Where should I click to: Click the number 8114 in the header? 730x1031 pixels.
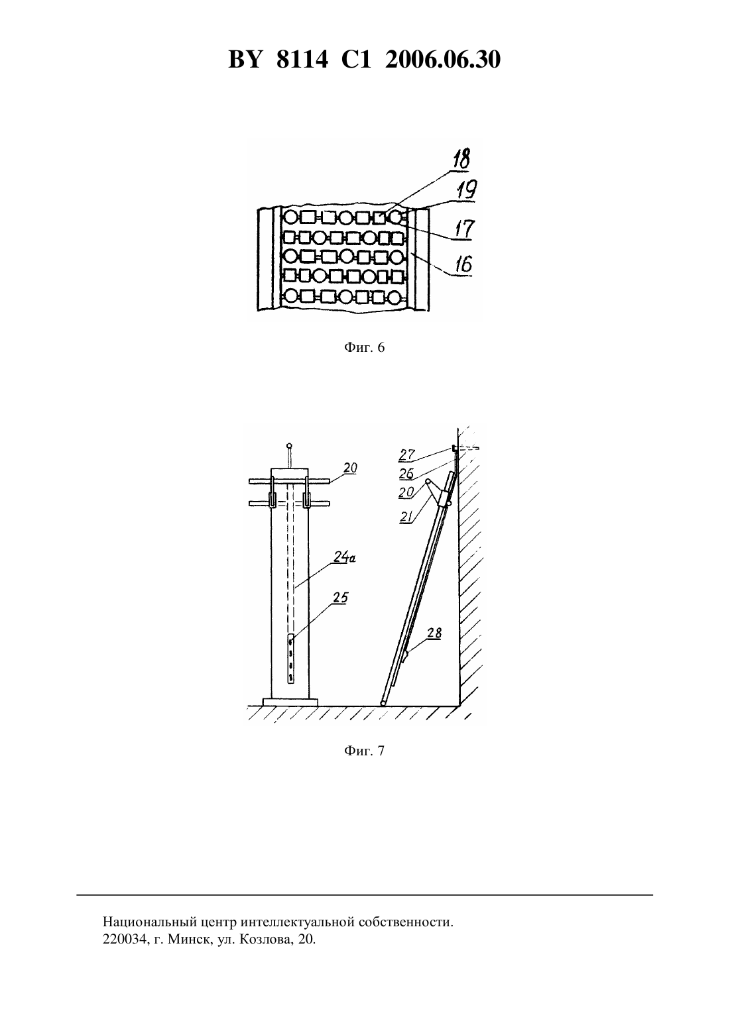point(302,60)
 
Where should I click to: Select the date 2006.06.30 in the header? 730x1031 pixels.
point(443,60)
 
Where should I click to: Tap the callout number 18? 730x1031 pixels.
point(461,159)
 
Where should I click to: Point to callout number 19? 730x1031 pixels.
point(467,189)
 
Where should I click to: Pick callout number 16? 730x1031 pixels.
point(463,264)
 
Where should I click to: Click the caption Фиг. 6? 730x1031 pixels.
point(364,347)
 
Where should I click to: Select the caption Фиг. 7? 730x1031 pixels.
point(364,751)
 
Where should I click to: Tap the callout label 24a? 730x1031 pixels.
point(345,558)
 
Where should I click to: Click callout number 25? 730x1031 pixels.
point(341,598)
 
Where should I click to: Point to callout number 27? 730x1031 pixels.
point(407,455)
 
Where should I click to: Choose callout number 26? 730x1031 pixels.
point(406,473)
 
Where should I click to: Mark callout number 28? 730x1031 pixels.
point(434,633)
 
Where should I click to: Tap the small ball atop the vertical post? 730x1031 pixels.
point(289,445)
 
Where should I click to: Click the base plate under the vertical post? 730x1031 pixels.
point(290,702)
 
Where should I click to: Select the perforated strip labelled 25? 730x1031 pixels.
point(290,658)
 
